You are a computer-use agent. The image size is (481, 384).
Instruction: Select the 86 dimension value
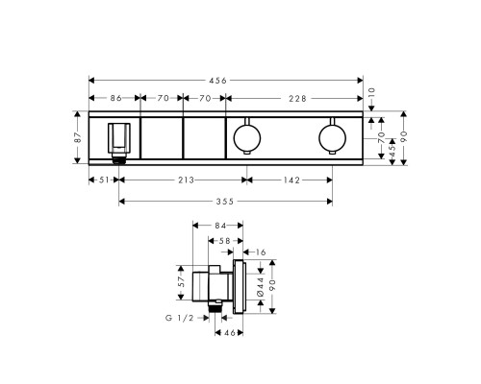pyautogui.click(x=114, y=98)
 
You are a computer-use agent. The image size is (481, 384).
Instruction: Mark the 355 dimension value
pyautogui.click(x=224, y=201)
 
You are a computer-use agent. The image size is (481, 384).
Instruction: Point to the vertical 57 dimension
pyautogui.click(x=180, y=281)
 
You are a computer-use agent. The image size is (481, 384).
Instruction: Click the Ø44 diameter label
pyautogui.click(x=259, y=285)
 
